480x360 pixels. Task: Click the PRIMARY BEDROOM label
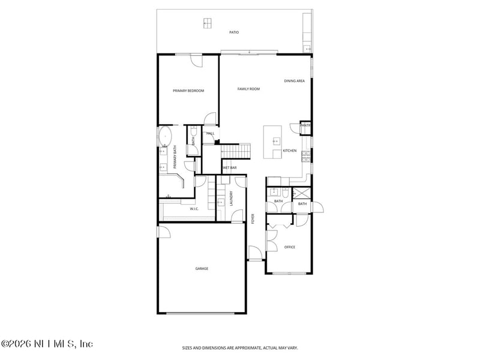pyautogui.click(x=188, y=91)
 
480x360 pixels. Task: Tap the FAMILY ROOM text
pyautogui.click(x=248, y=89)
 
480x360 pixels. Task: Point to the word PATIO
pyautogui.click(x=234, y=32)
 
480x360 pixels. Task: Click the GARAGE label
pyautogui.click(x=202, y=268)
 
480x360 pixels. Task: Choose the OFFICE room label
pyautogui.click(x=290, y=247)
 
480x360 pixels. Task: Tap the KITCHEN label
pyautogui.click(x=290, y=151)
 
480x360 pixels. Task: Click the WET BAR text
pyautogui.click(x=229, y=168)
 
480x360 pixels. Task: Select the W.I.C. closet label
pyautogui.click(x=194, y=209)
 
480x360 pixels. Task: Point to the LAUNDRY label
pyautogui.click(x=231, y=199)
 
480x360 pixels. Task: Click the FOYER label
pyautogui.click(x=253, y=219)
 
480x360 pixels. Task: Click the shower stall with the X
pyautogui.click(x=302, y=193)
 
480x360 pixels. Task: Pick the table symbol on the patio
pyautogui.click(x=208, y=23)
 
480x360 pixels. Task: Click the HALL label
pyautogui.click(x=211, y=133)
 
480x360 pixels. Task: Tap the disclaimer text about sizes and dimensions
pyautogui.click(x=240, y=347)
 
